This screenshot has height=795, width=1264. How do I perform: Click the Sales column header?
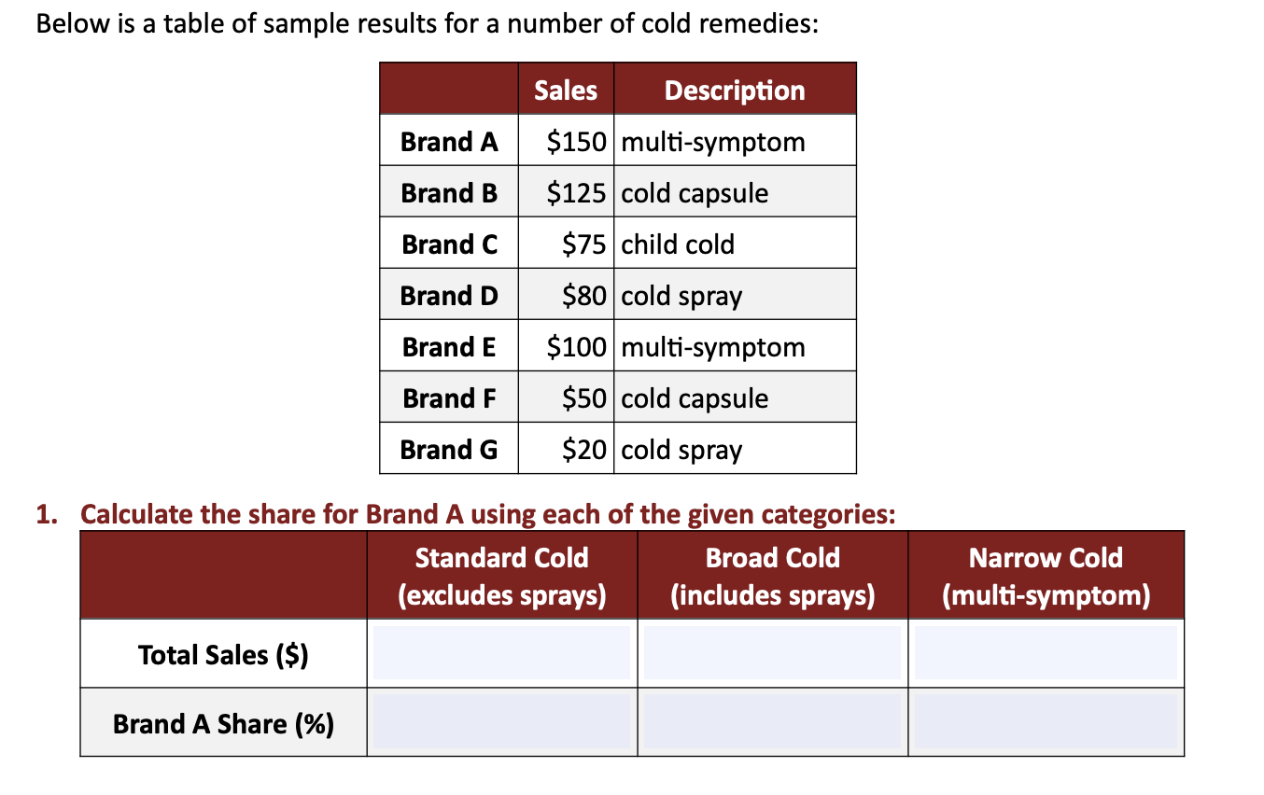point(566,91)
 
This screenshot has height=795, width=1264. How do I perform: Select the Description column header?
point(735,91)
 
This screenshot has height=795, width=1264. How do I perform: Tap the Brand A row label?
point(449,142)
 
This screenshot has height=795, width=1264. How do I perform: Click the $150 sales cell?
point(577,142)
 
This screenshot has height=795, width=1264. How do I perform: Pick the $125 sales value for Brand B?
point(577,193)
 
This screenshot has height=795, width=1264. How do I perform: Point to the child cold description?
point(679,244)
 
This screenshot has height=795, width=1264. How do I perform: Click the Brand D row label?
point(449,296)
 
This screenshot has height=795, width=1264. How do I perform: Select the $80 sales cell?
point(584,296)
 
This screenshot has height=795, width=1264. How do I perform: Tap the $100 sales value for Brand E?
point(577,347)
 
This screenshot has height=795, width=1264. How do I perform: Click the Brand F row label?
point(449,398)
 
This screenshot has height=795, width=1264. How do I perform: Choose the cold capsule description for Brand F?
point(695,398)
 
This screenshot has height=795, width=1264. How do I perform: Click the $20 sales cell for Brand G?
point(584,450)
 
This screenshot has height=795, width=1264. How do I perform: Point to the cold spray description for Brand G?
point(682,450)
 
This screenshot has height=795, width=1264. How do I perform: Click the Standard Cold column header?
point(502,576)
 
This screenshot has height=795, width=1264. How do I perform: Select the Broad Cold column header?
point(773,576)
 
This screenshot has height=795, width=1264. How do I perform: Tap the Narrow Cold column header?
point(1046,576)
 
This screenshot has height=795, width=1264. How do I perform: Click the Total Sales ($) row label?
point(223,655)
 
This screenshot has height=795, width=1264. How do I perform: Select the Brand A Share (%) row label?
point(223,724)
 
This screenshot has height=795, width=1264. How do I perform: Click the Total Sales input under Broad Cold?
point(773,653)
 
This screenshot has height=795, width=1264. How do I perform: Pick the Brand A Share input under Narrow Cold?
point(1046,723)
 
